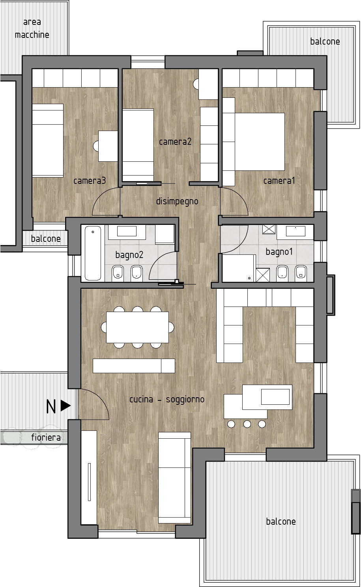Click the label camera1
coord(279,181)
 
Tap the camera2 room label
coord(175,142)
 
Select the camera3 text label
coord(90,181)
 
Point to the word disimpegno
coord(177,202)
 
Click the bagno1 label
coord(279,252)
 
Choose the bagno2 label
coord(129,255)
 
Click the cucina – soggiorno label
coord(167,399)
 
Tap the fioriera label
coord(46,437)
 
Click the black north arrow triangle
coord(65,406)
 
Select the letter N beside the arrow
coord(51,407)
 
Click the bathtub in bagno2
coord(93,253)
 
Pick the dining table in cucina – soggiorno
coord(137,327)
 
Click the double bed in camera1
coord(260,142)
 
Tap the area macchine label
coord(32,28)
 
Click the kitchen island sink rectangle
coord(275,397)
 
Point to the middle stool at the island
coord(247,424)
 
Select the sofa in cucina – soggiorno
coord(175,478)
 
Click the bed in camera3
coord(48,140)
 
